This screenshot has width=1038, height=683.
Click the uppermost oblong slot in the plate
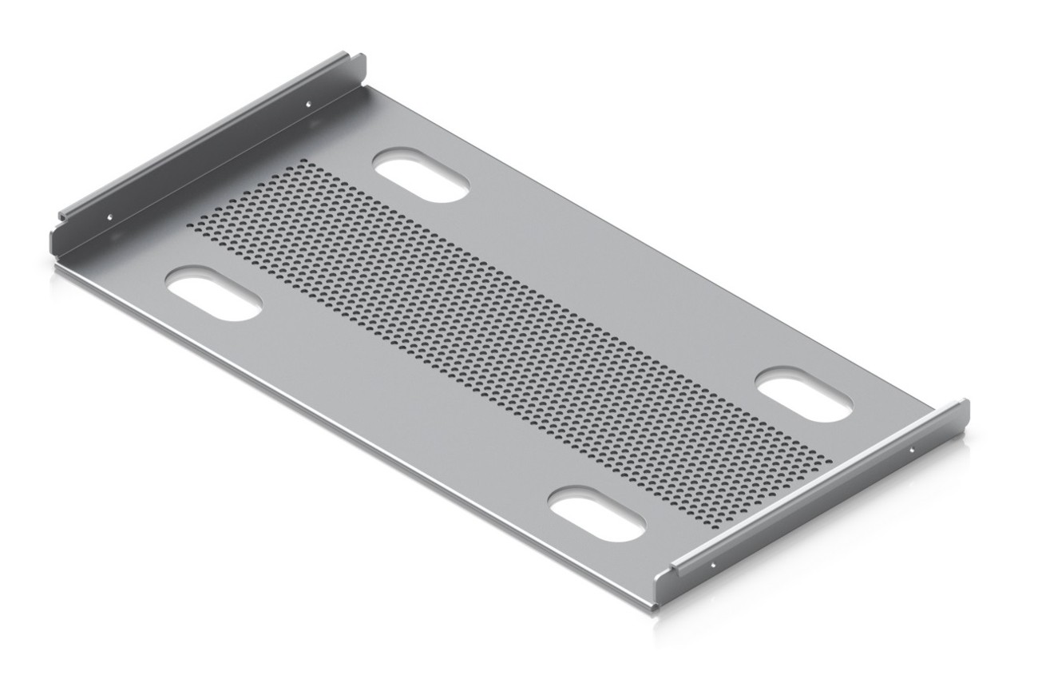(x=422, y=178)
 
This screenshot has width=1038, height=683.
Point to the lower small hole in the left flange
(x=111, y=216)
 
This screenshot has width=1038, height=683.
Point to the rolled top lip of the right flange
(x=822, y=487)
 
